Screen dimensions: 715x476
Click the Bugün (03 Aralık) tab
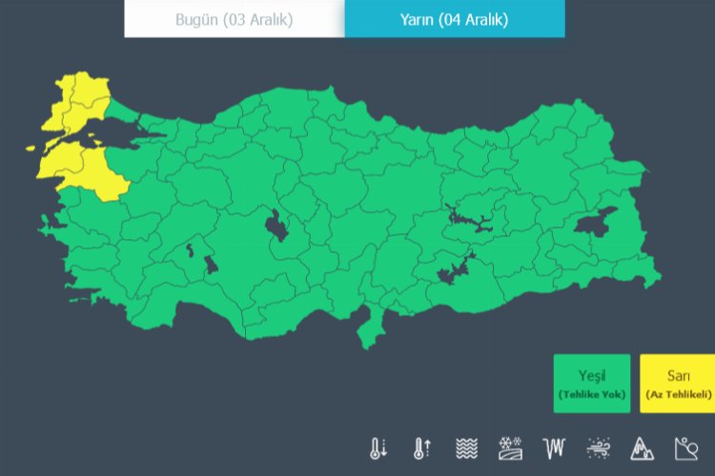pyautogui.click(x=235, y=19)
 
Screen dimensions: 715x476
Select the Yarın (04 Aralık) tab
pyautogui.click(x=455, y=19)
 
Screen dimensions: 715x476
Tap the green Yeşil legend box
pyautogui.click(x=592, y=384)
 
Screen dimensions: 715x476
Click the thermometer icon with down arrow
pyautogui.click(x=378, y=447)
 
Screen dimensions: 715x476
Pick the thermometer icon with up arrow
pyautogui.click(x=422, y=447)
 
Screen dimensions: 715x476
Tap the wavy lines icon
pyautogui.click(x=466, y=447)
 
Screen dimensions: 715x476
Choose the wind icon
pyautogui.click(x=599, y=447)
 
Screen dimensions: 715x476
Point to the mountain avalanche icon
pyautogui.click(x=642, y=447)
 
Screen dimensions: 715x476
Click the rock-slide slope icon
pyautogui.click(x=685, y=447)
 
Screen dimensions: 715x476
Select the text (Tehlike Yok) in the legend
pyautogui.click(x=592, y=394)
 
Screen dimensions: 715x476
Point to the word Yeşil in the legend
pyautogui.click(x=592, y=374)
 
